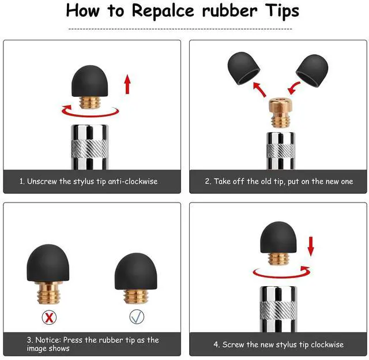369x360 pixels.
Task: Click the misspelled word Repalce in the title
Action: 163,12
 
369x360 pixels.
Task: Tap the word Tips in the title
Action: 282,12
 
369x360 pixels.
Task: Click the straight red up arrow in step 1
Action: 127,84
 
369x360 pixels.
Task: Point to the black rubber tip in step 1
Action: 90,81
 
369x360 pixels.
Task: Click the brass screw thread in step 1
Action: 90,103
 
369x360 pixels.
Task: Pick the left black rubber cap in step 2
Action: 243,68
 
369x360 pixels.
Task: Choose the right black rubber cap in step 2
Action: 312,70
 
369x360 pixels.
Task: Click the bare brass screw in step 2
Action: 281,113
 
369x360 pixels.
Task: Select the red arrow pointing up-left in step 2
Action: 259,89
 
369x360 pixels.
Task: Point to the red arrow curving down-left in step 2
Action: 293,88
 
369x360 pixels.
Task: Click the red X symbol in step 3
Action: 49,317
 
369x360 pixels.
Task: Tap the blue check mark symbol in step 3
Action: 137,317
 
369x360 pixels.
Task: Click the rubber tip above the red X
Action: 48,262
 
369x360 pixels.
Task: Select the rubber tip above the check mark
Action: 136,272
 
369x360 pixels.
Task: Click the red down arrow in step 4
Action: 311,246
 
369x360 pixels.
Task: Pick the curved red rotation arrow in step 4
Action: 281,274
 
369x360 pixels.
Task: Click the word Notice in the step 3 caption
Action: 48,340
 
